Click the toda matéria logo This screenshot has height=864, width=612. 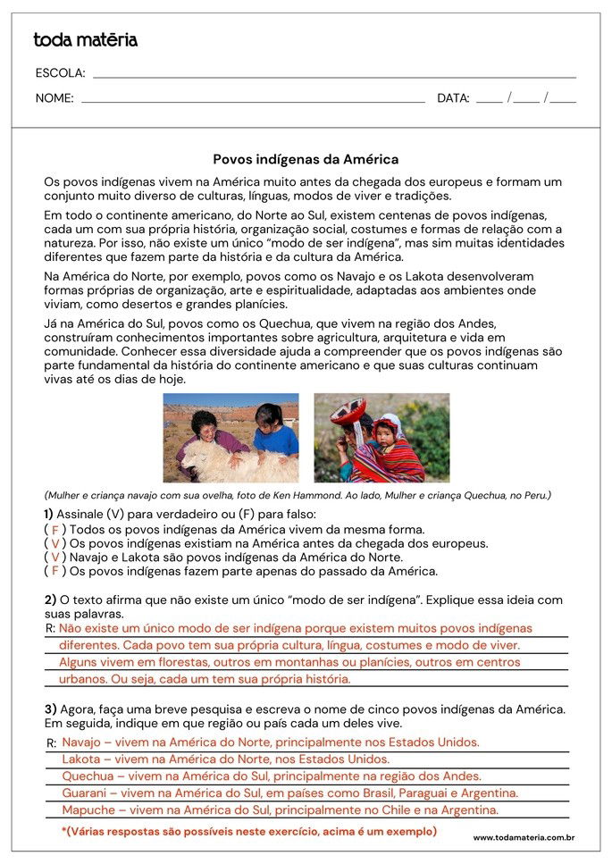click(x=86, y=40)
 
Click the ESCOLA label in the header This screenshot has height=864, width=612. click(x=60, y=73)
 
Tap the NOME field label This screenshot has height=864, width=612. click(x=54, y=98)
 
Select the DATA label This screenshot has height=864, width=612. click(x=453, y=98)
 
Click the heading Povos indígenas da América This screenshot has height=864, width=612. click(x=306, y=160)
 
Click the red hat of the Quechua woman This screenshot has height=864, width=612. click(x=348, y=412)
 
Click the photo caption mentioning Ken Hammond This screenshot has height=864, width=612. click(x=298, y=495)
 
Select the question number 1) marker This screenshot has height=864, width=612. click(x=48, y=515)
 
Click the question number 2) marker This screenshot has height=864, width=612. click(x=51, y=600)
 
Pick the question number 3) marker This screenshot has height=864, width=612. click(x=51, y=709)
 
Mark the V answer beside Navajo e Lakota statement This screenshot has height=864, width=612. click(x=55, y=558)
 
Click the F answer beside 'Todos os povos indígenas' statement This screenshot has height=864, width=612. click(x=55, y=530)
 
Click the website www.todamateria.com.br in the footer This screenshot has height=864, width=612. click(x=524, y=837)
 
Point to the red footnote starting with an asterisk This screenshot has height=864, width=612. click(x=249, y=831)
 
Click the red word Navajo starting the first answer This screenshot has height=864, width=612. click(x=82, y=742)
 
